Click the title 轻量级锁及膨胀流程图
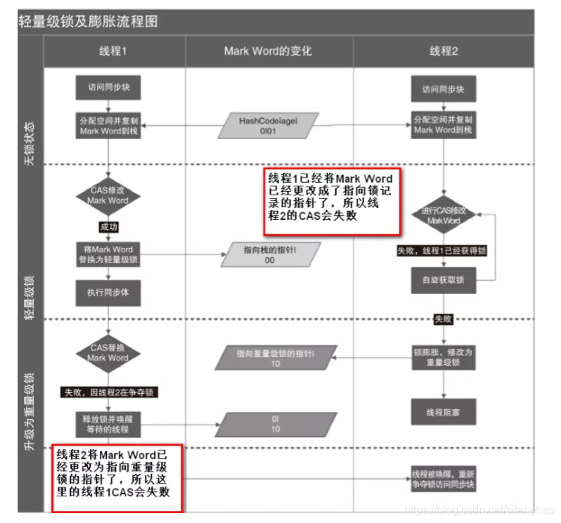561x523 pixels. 89,21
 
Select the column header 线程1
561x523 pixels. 112,51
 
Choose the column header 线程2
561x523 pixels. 444,51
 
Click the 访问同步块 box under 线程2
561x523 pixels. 444,89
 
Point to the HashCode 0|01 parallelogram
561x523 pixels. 267,125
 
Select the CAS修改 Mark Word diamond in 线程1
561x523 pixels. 108,195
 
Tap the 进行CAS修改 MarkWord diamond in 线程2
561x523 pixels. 444,216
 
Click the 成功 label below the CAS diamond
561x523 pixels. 108,227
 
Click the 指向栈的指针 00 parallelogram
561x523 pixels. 270,254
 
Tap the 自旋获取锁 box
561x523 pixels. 444,280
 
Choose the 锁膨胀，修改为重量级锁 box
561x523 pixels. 444,356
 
